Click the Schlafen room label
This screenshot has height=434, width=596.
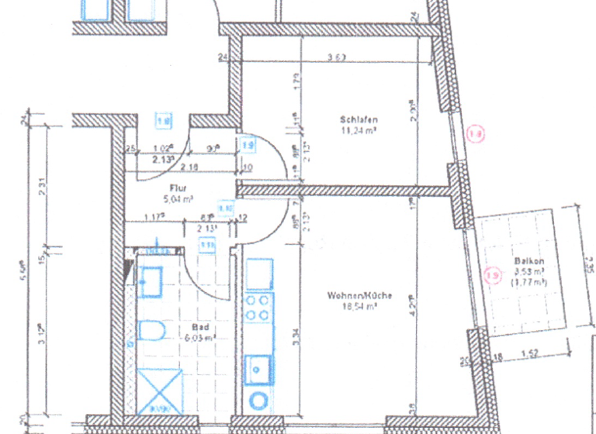[359, 119]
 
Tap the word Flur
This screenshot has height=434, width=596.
[178, 188]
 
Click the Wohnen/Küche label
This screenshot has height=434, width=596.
[359, 295]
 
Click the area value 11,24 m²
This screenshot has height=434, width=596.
[359, 130]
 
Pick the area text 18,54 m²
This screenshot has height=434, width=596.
[359, 306]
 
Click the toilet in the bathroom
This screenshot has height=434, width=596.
[153, 332]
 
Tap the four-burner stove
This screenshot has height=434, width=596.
[259, 308]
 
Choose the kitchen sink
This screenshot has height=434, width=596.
[258, 368]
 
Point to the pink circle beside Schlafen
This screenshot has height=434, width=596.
[476, 135]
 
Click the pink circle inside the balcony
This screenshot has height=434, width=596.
[490, 273]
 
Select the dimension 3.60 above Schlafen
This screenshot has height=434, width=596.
[336, 57]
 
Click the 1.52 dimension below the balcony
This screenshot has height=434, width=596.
[531, 356]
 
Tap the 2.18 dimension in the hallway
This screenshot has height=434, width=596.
[187, 167]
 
